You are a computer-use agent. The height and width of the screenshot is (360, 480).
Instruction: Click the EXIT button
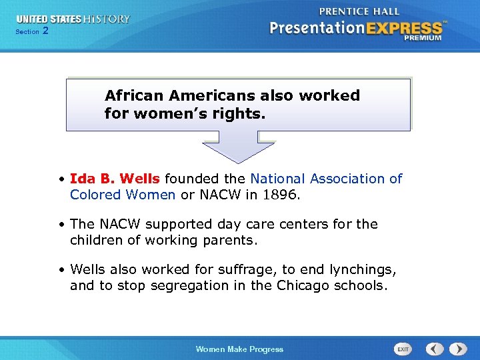pos(403,349)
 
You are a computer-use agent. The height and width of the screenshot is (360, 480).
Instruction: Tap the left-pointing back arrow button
pos(435,349)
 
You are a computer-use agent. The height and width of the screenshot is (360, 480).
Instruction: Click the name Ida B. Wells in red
pos(115,179)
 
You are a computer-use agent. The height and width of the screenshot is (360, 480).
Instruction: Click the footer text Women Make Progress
pos(239,349)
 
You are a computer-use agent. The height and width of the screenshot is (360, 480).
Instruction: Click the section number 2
pos(45,31)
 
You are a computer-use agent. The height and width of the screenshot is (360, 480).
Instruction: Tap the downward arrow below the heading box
pos(238,146)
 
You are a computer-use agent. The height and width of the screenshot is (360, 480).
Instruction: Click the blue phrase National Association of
pos(326,179)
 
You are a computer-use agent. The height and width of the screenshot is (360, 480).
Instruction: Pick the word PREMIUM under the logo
pos(422,38)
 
